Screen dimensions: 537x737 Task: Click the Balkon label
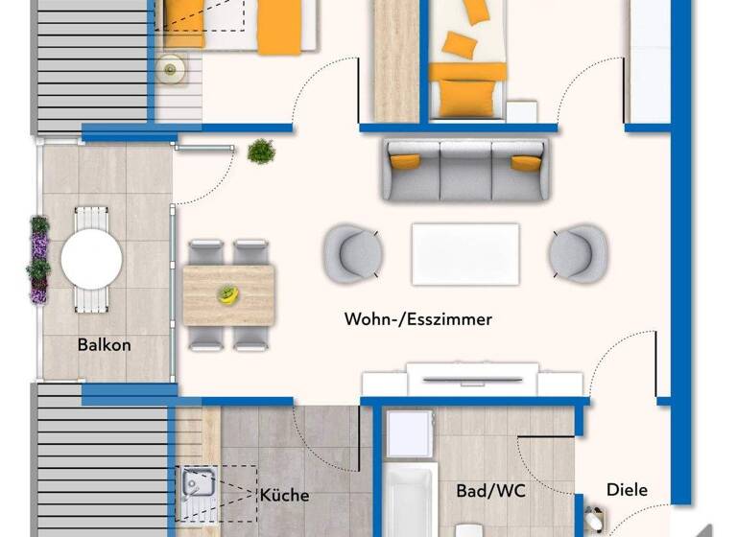click(x=106, y=344)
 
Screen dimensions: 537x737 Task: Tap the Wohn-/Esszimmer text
click(x=417, y=319)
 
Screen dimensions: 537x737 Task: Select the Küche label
click(x=284, y=495)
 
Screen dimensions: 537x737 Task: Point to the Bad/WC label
click(x=490, y=491)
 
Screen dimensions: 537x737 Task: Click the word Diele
click(x=627, y=490)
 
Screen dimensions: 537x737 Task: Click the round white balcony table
click(x=91, y=258)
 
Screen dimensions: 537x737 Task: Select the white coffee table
click(x=465, y=254)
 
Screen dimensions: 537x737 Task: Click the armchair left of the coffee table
click(x=352, y=253)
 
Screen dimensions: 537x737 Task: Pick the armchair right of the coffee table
click(x=578, y=253)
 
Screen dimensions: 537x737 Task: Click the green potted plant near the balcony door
click(x=260, y=152)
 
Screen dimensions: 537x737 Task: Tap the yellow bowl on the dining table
click(x=227, y=293)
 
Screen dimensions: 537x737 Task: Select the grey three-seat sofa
click(x=465, y=171)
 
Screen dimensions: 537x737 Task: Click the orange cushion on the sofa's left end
click(x=406, y=161)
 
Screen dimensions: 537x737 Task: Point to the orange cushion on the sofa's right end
click(x=526, y=162)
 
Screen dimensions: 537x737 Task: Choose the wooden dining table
click(x=228, y=293)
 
